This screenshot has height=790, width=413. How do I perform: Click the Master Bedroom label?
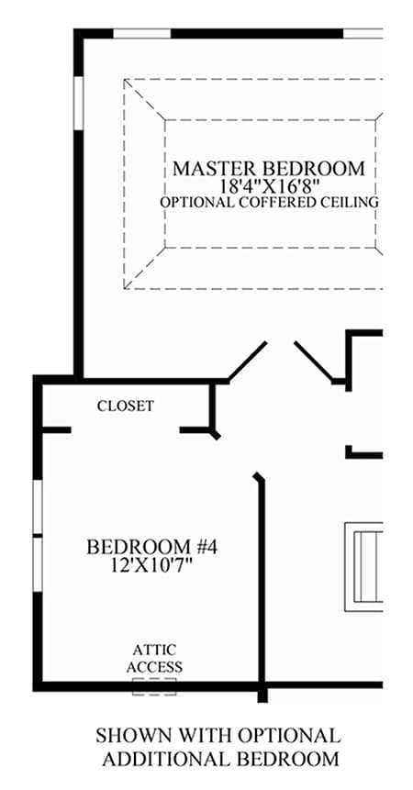click(269, 168)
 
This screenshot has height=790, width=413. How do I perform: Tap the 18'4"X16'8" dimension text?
click(270, 186)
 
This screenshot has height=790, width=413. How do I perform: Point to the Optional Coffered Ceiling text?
click(269, 202)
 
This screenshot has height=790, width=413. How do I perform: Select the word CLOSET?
click(126, 406)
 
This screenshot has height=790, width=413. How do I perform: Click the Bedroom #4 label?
click(152, 547)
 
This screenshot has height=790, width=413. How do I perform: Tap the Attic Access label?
click(154, 659)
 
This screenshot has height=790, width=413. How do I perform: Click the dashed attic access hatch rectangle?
click(154, 686)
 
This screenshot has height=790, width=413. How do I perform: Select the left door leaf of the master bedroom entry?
click(247, 361)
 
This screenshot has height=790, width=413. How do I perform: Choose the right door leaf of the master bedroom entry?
click(314, 361)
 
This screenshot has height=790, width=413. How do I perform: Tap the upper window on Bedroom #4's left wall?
click(38, 506)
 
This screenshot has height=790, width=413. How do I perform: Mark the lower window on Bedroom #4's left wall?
click(38, 564)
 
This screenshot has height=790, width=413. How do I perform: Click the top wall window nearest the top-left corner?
click(141, 34)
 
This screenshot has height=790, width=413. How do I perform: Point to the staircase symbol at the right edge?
click(363, 567)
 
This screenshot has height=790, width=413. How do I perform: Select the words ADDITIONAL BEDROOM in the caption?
click(220, 758)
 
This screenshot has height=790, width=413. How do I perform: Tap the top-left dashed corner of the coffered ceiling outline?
click(125, 80)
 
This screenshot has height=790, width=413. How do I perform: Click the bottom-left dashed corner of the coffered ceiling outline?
click(125, 289)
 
